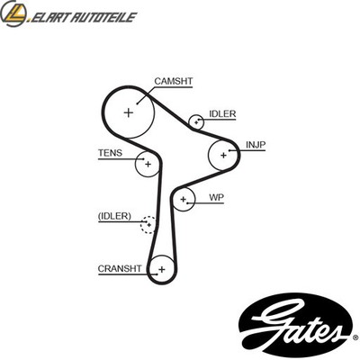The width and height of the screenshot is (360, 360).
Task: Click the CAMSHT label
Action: point(174,81)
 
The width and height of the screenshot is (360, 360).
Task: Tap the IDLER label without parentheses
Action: point(222,114)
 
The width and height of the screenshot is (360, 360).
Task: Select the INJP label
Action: point(256,145)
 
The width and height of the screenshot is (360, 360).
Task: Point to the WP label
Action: point(216,197)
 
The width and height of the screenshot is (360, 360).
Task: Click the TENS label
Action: point(110,153)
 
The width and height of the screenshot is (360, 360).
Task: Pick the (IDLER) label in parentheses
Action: point(114,216)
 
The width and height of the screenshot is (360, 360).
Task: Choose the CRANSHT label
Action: point(120,268)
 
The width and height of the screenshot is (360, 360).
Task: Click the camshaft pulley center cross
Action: point(129,112)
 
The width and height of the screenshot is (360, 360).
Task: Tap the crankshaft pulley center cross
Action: point(162,269)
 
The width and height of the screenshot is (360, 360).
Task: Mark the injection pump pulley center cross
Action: point(223,156)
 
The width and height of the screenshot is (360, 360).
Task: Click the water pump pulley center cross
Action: point(184,199)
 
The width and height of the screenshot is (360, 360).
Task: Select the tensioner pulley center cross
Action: point(148,164)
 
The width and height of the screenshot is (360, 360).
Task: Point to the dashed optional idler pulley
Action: point(148,217)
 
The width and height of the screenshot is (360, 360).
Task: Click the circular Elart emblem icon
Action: point(13,13)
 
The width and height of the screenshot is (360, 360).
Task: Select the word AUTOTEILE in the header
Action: point(103,17)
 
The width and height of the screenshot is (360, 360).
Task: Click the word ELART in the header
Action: point(49,17)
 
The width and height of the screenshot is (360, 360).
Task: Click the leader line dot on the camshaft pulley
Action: point(137,103)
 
